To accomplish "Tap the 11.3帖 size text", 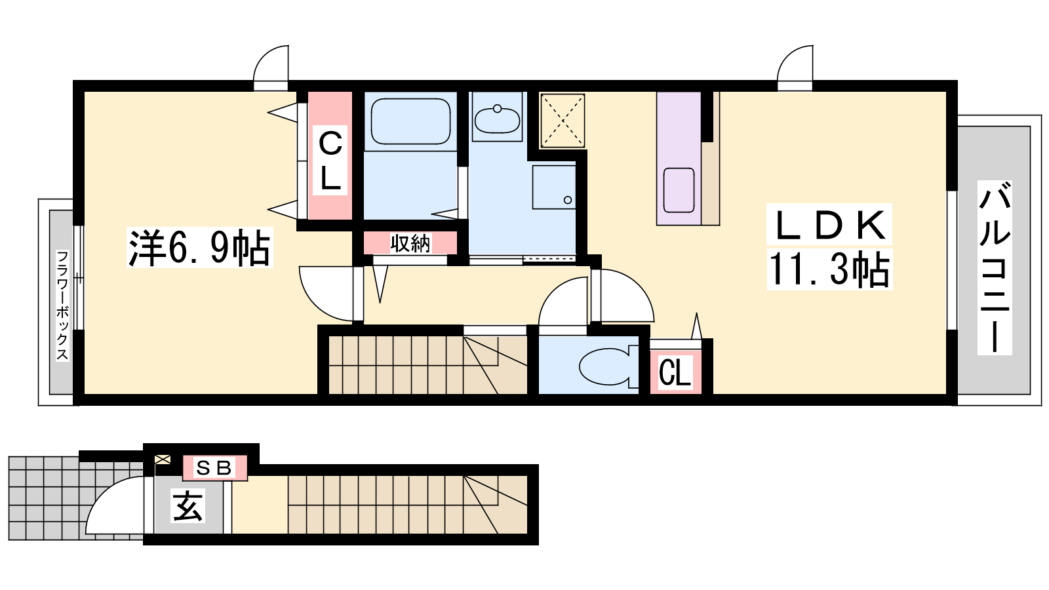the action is tap(829, 269).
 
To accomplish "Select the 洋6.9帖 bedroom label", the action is tap(200, 248).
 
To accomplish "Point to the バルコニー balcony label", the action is tap(995, 267).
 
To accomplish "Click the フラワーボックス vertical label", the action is tap(62, 305).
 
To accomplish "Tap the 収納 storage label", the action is tap(410, 243).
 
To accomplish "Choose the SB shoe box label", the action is tap(214, 468).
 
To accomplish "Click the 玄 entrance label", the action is tap(188, 505).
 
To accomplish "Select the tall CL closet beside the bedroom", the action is tap(330, 156).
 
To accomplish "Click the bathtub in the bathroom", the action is tap(410, 121).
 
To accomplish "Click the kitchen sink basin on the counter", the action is tap(679, 190).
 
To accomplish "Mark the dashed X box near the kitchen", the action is tap(563, 121).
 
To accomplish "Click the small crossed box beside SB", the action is tap(163, 460).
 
